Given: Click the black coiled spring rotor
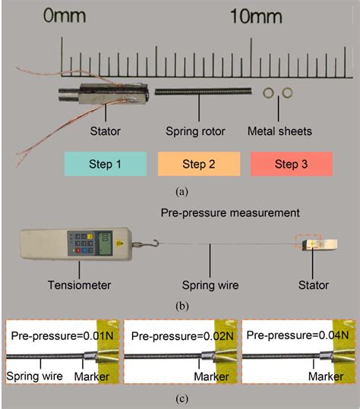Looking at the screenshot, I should tap(201, 92).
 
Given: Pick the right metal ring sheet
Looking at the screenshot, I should tap(287, 92).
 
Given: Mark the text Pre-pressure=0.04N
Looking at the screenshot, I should tap(296, 334).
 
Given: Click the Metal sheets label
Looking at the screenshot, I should tap(279, 131).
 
